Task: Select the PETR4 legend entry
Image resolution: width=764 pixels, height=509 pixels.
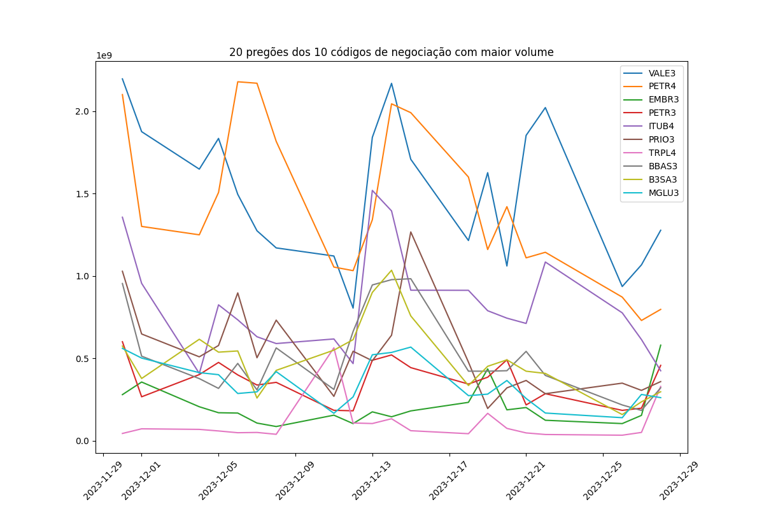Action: tap(661, 86)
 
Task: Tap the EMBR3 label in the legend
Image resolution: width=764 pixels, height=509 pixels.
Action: tap(663, 99)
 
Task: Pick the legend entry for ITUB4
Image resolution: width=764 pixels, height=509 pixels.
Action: tap(661, 126)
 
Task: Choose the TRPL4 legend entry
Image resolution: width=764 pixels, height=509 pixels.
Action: tap(661, 153)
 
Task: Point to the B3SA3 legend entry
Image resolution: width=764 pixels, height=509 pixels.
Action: tap(663, 179)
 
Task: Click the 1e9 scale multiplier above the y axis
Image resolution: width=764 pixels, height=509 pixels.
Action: tap(104, 55)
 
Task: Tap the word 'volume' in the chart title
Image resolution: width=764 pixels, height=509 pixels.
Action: tap(535, 52)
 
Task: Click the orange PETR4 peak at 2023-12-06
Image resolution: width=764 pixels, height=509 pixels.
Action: tap(237, 81)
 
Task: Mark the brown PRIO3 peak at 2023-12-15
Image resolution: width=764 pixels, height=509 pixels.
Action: tap(411, 232)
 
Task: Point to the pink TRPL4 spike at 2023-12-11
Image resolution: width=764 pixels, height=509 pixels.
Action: tap(334, 347)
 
